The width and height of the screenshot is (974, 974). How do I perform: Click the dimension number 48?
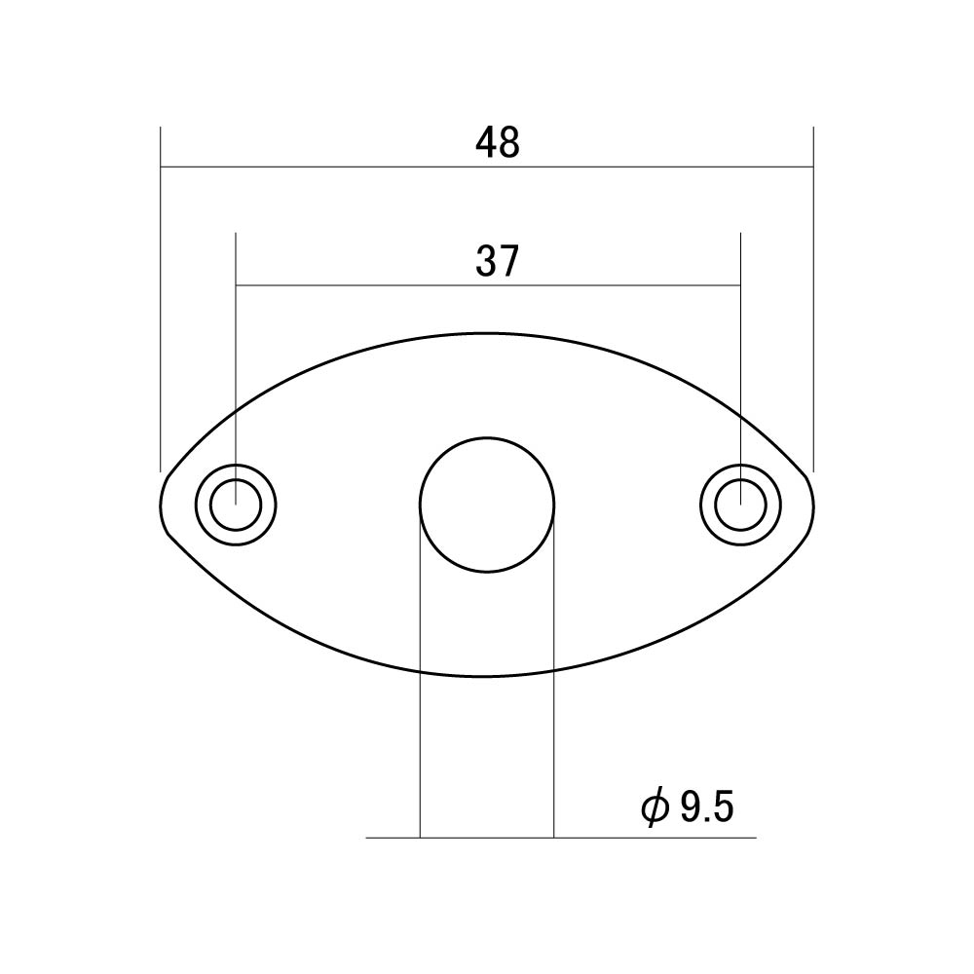497,142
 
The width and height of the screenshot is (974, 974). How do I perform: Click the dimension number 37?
497,261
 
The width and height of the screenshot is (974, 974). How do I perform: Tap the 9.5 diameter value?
707,806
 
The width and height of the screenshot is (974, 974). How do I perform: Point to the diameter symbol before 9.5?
655,807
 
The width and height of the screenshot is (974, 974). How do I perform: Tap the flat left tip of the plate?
162,505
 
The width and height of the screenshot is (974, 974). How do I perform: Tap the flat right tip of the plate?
812,505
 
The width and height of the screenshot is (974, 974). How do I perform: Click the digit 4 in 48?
486,142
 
